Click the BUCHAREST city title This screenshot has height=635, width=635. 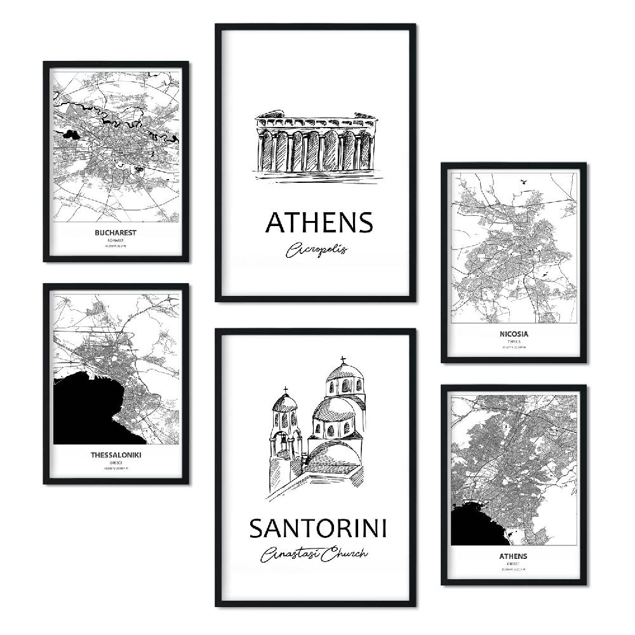click(x=115, y=232)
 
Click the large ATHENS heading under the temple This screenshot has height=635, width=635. click(x=319, y=223)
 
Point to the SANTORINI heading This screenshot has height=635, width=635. click(x=317, y=528)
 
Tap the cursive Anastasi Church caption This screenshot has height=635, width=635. click(x=314, y=554)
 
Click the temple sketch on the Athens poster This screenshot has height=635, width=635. click(x=316, y=144)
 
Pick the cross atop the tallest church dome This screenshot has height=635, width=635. click(x=343, y=360)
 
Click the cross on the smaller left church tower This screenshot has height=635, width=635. click(x=285, y=389)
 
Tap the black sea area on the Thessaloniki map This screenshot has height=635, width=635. click(x=89, y=413)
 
